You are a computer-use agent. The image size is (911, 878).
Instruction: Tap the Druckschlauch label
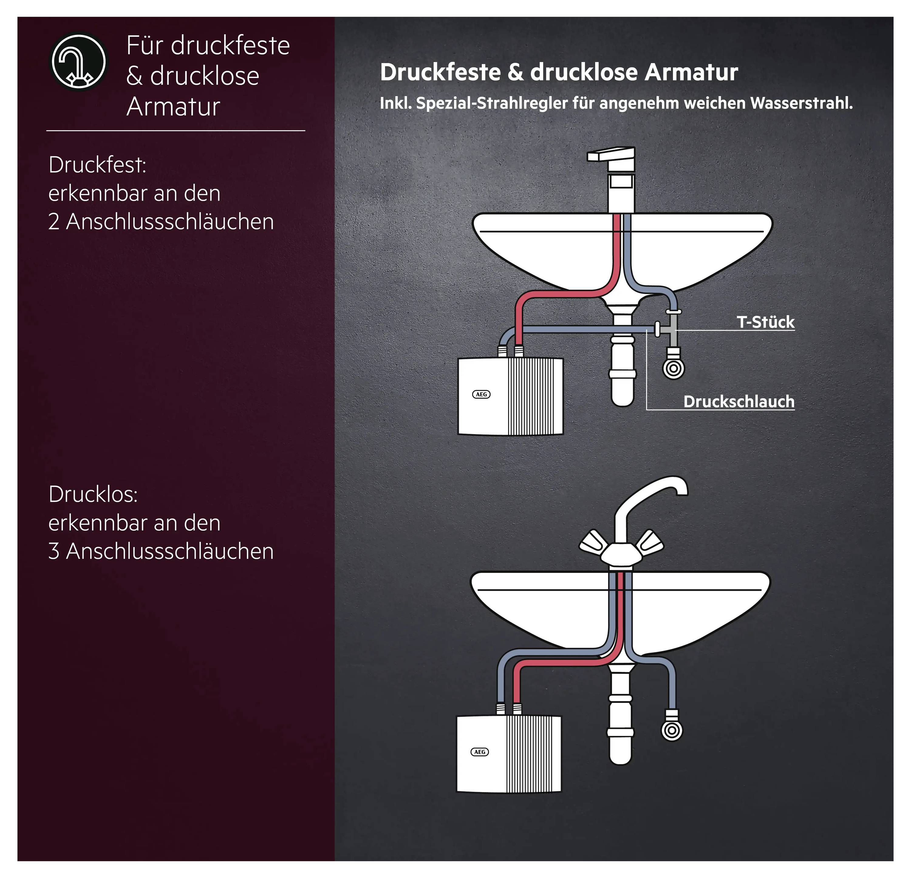[739, 402]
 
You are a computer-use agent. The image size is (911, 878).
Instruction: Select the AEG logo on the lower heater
[480, 752]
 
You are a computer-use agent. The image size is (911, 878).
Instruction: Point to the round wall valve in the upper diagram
[673, 369]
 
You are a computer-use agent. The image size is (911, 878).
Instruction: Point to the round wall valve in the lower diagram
[672, 730]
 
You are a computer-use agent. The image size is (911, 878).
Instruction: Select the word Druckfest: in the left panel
[97, 165]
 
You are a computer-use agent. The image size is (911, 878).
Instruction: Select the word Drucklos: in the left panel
[93, 495]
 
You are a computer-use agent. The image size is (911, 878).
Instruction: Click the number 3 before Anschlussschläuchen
[54, 552]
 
